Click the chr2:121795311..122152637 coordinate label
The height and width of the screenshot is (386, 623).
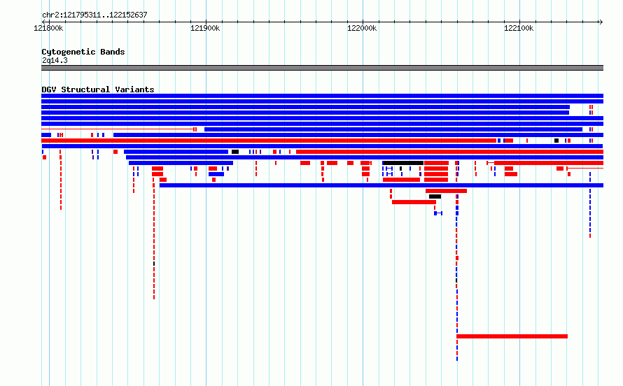point(94,15)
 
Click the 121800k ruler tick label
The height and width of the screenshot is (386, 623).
point(48,28)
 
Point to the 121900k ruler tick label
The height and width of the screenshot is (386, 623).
point(205,28)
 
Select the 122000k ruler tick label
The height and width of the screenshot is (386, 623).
point(362,28)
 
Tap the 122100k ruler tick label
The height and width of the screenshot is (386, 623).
point(519,28)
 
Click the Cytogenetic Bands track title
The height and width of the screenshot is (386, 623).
point(83,52)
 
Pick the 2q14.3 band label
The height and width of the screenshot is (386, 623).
point(55,60)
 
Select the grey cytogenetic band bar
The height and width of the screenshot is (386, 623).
point(322,68)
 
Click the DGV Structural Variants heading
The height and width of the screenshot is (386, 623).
point(98,90)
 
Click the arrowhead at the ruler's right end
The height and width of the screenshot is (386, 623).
point(601,22)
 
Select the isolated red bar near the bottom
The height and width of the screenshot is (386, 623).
point(512,336)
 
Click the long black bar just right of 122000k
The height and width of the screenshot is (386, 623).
point(403,163)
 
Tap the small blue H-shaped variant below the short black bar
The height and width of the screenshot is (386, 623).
point(438,213)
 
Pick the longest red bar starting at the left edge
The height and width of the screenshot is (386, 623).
point(269,141)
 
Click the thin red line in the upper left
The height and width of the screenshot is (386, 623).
point(117,129)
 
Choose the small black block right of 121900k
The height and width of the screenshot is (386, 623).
point(235,152)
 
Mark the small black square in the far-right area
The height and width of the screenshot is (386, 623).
point(556,141)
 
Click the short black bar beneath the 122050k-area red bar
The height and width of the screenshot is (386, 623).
point(435,196)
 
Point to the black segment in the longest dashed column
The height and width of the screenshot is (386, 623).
point(456,280)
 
